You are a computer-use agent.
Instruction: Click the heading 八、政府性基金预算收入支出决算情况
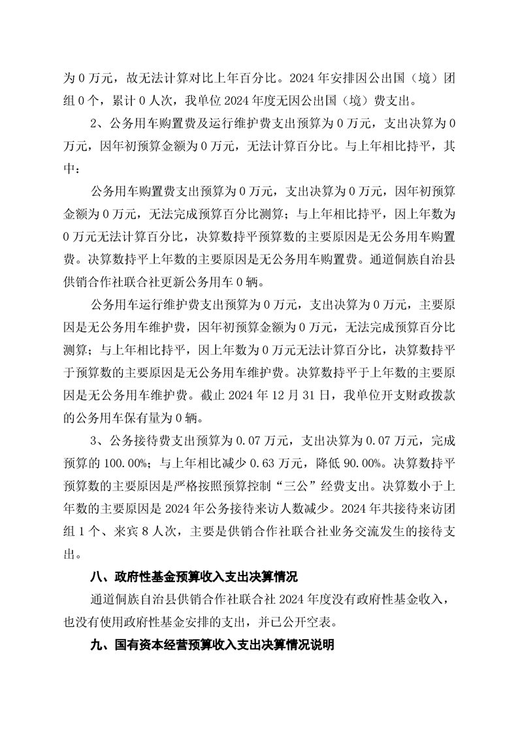click(193, 578)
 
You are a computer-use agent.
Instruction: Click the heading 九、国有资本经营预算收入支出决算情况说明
click(212, 644)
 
